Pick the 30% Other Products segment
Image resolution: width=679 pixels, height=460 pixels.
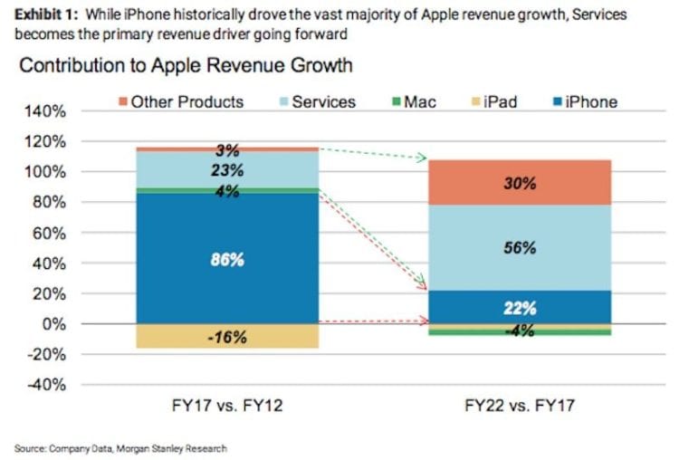(x=521, y=183)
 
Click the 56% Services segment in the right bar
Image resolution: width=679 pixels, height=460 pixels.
(x=521, y=247)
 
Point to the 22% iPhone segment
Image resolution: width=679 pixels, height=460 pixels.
(x=521, y=307)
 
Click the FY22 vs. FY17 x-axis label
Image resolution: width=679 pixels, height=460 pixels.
(x=520, y=407)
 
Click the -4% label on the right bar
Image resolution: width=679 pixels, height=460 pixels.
(x=521, y=331)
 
